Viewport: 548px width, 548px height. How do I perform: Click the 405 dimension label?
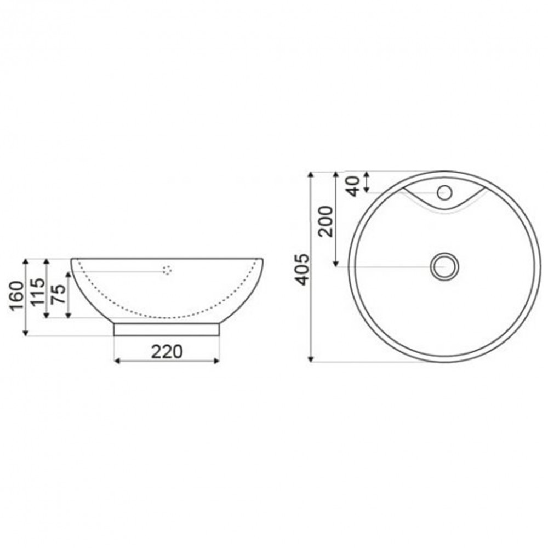coord(302,269)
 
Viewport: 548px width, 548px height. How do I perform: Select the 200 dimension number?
coord(326,220)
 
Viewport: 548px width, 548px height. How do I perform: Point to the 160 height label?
coord(16,296)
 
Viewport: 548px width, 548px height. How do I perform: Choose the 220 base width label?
coord(167,351)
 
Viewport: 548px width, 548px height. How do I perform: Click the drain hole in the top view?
coord(444,266)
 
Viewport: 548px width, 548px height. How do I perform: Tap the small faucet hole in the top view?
coord(444,192)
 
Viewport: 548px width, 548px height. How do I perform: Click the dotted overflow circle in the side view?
coord(167,270)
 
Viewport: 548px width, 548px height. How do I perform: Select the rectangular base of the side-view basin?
coord(167,329)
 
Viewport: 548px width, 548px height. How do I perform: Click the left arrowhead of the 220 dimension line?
coord(116,361)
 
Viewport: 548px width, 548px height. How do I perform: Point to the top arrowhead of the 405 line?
coord(311,175)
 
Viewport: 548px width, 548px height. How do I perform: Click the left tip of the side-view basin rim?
coord(72,259)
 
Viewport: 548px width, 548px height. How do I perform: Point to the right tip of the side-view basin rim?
coord(263,259)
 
